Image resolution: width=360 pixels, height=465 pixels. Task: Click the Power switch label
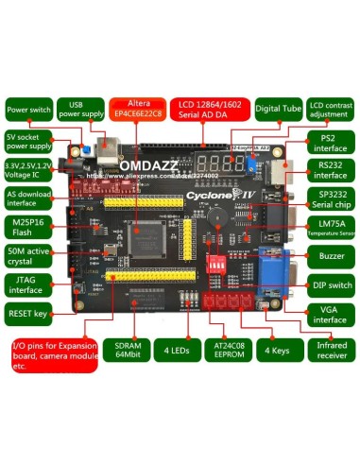click(x=27, y=109)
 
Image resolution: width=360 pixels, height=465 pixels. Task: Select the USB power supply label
click(x=78, y=109)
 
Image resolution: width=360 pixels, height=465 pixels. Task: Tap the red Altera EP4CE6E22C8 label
click(x=137, y=109)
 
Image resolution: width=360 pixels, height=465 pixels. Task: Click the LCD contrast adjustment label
click(x=330, y=109)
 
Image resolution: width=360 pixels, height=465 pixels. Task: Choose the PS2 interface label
click(x=330, y=144)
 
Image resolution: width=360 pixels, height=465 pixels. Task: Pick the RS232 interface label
click(x=330, y=169)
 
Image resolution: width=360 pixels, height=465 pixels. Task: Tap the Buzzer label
click(x=330, y=256)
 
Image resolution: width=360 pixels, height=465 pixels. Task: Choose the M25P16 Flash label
click(x=29, y=228)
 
